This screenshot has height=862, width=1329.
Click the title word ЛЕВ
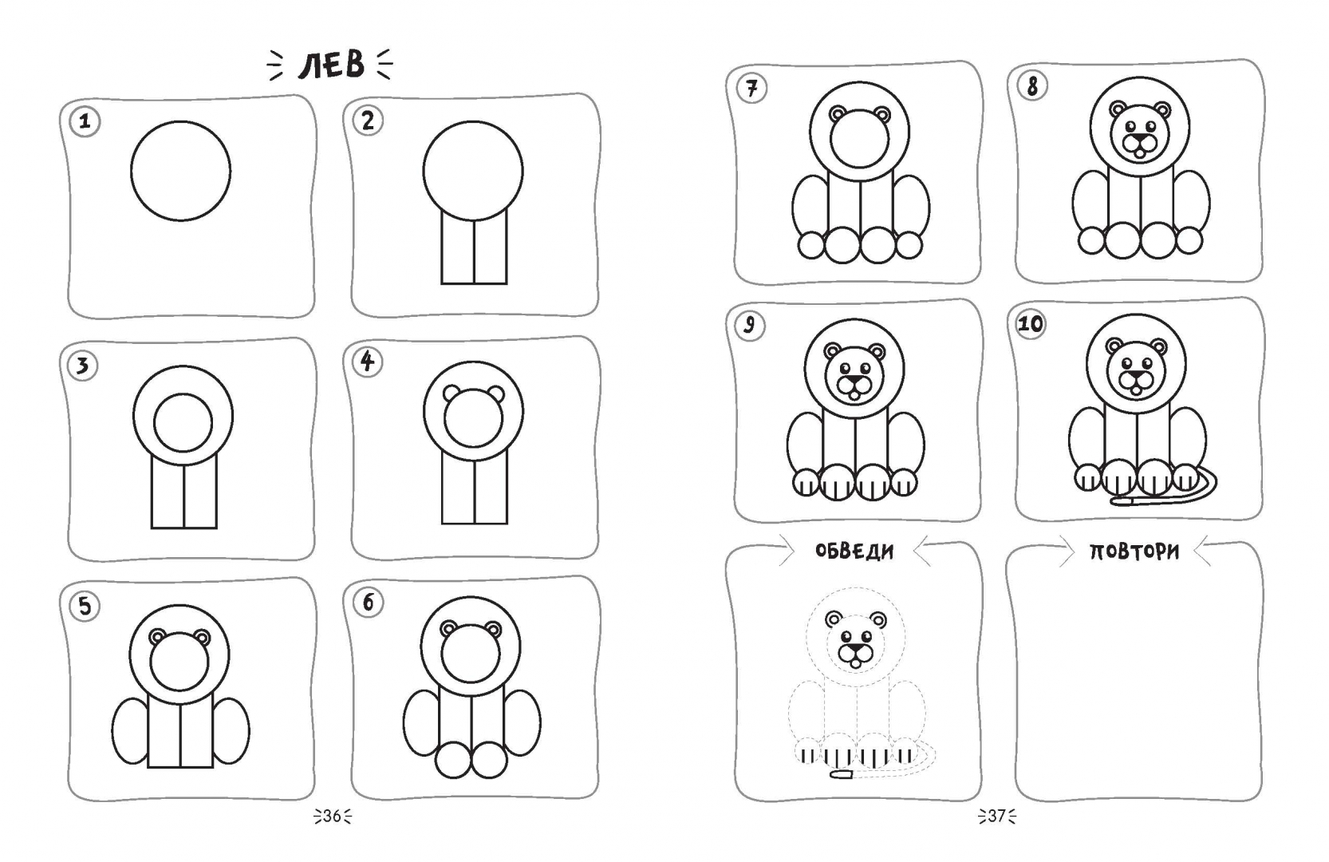331,65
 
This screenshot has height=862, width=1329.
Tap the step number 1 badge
85,121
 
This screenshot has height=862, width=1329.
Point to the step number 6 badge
368,603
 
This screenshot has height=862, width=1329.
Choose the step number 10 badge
1031,324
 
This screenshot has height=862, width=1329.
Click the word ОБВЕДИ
854,552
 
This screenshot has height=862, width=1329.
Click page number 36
332,817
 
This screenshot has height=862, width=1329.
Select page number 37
997,817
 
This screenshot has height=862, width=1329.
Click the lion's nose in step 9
854,380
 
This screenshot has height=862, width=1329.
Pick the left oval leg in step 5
130,731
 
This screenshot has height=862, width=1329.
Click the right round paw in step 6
489,760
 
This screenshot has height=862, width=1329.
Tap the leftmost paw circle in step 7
811,244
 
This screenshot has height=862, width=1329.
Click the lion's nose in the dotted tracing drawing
854,647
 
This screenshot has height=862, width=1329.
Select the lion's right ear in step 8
1161,110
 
